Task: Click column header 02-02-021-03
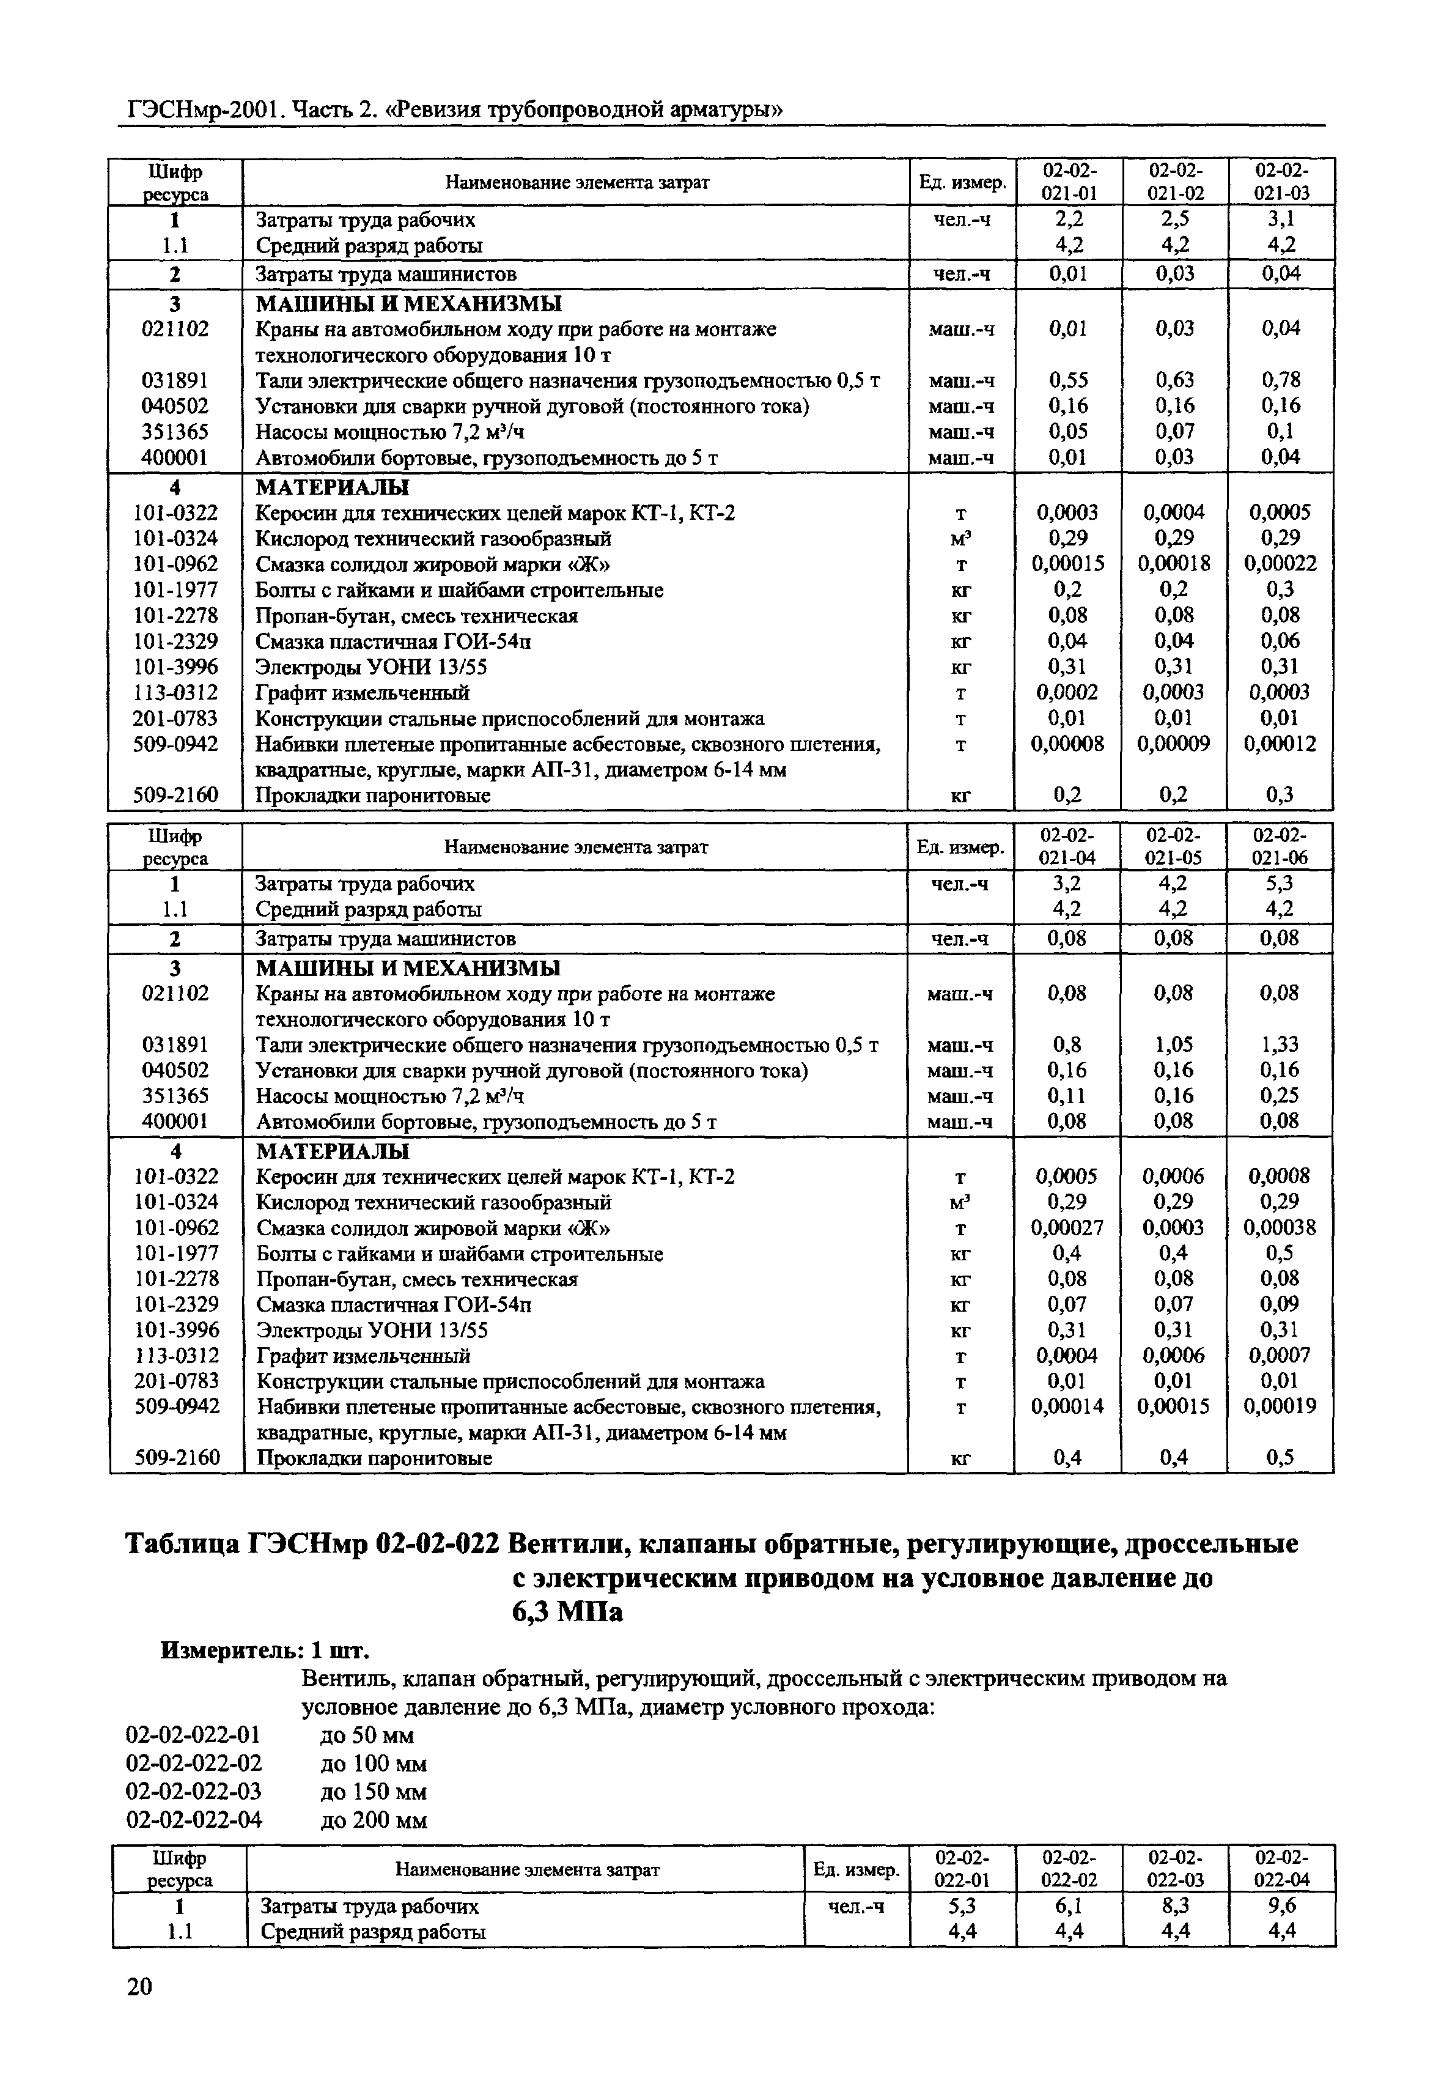1281,182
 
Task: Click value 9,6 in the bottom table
1282,1905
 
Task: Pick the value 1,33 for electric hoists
1280,1045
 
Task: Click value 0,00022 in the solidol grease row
1280,564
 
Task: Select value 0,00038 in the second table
1280,1228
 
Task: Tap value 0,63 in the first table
1174,380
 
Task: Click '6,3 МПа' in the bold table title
567,1612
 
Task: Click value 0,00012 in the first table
1280,744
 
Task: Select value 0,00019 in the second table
1280,1406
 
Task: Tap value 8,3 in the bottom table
1175,1905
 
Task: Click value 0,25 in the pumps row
1280,1096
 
